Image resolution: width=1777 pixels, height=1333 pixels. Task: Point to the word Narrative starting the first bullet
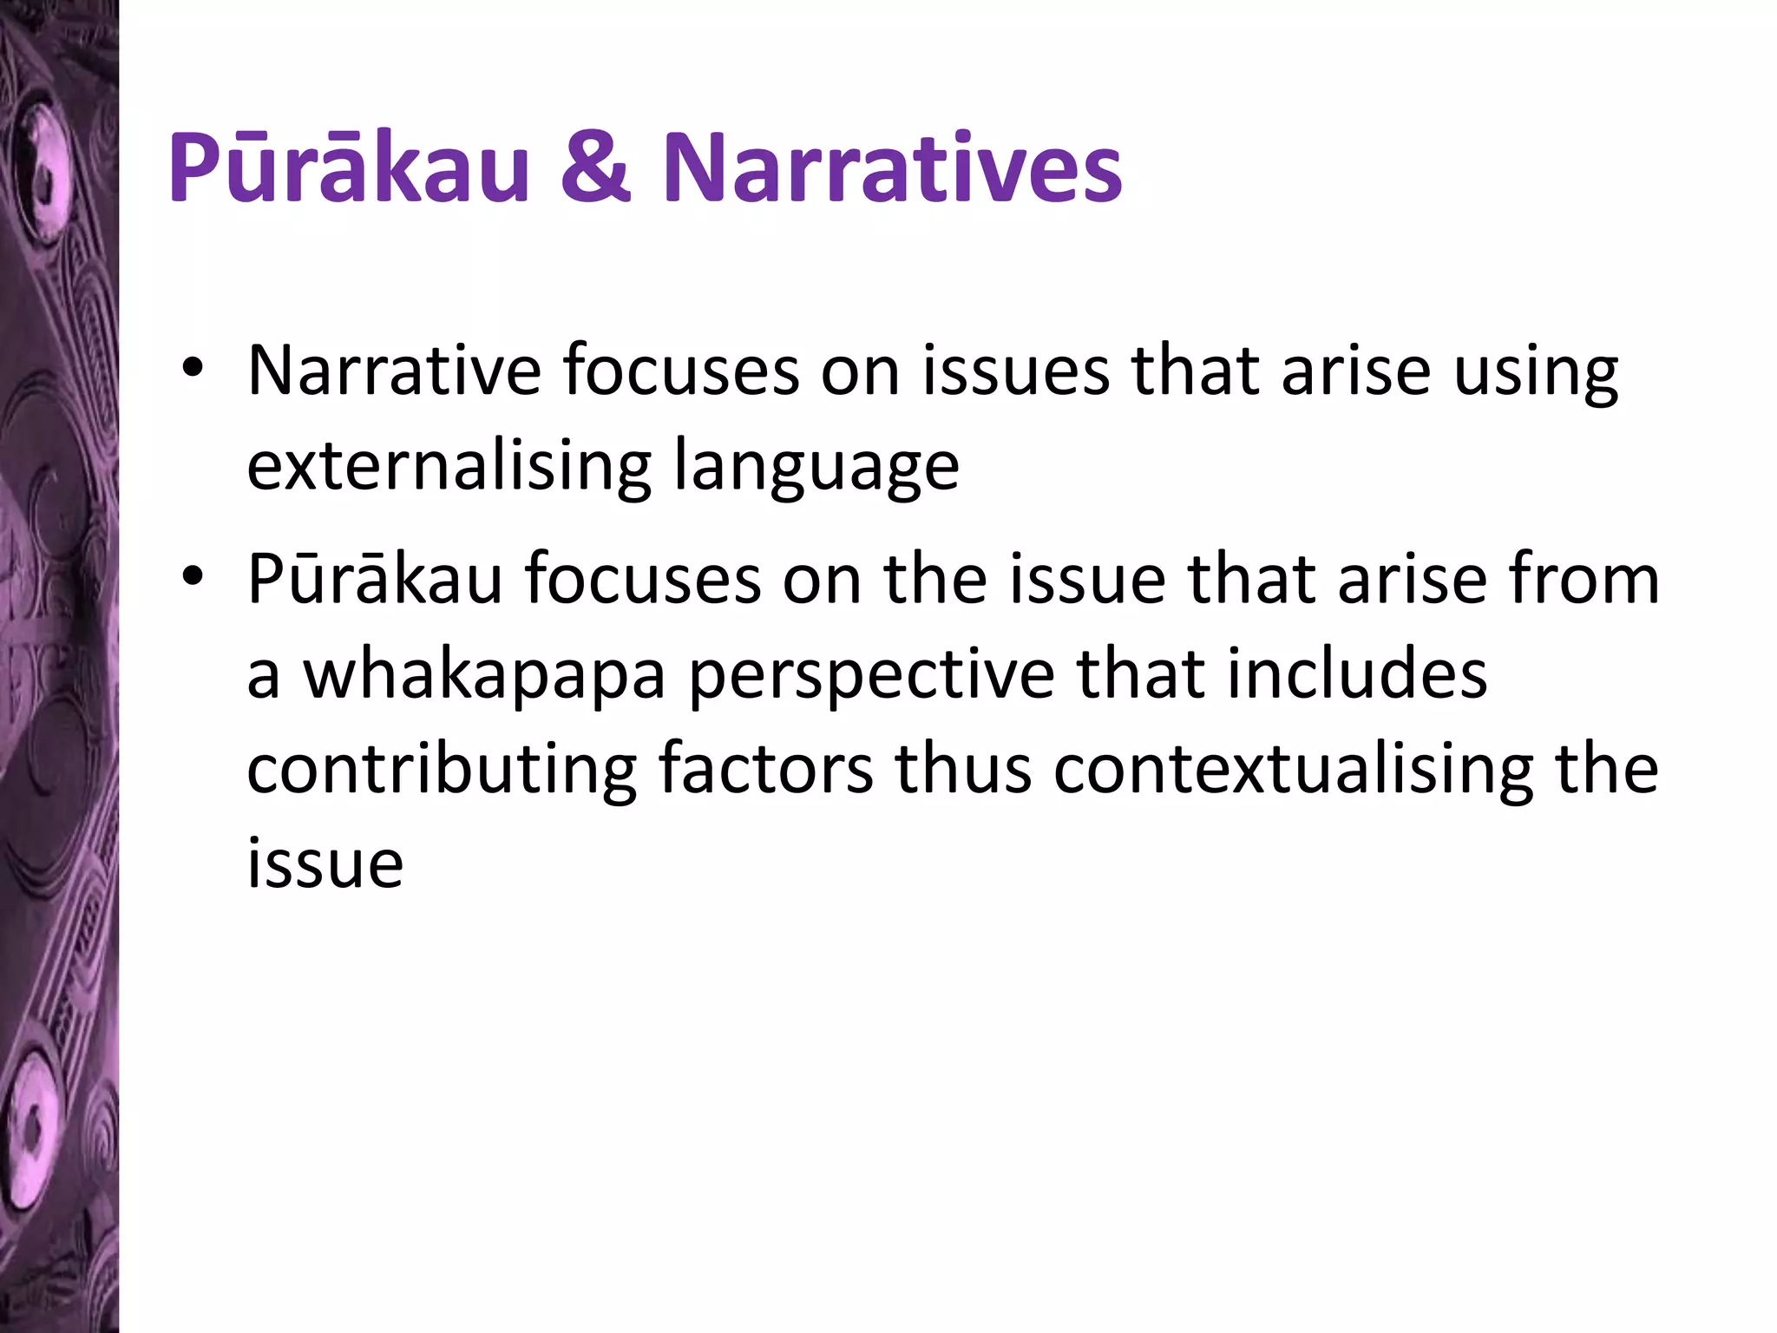pos(395,371)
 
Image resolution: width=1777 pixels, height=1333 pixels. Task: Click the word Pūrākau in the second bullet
pos(375,579)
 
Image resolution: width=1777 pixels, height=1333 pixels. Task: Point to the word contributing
pos(443,771)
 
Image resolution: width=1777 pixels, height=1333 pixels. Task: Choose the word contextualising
pos(1294,771)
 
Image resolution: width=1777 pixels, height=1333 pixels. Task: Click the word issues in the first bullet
pos(1016,371)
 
